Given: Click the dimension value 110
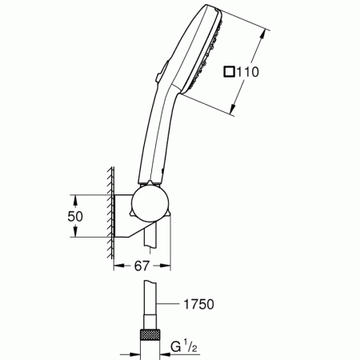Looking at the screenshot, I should coord(249,72).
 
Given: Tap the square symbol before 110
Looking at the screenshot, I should coord(230,72).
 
